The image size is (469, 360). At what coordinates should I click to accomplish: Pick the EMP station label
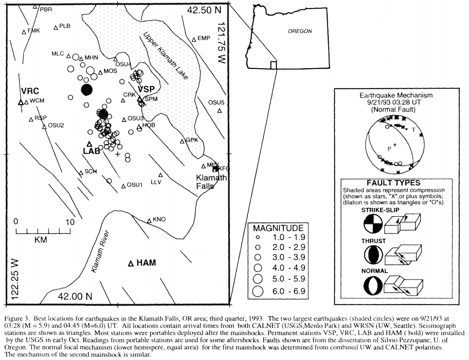(x=204, y=38)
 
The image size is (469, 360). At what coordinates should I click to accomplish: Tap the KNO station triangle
(x=149, y=221)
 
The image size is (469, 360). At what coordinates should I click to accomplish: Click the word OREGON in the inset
(x=300, y=31)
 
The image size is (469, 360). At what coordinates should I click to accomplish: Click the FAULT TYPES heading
(x=393, y=183)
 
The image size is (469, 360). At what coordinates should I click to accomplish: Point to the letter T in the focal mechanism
(x=413, y=130)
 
